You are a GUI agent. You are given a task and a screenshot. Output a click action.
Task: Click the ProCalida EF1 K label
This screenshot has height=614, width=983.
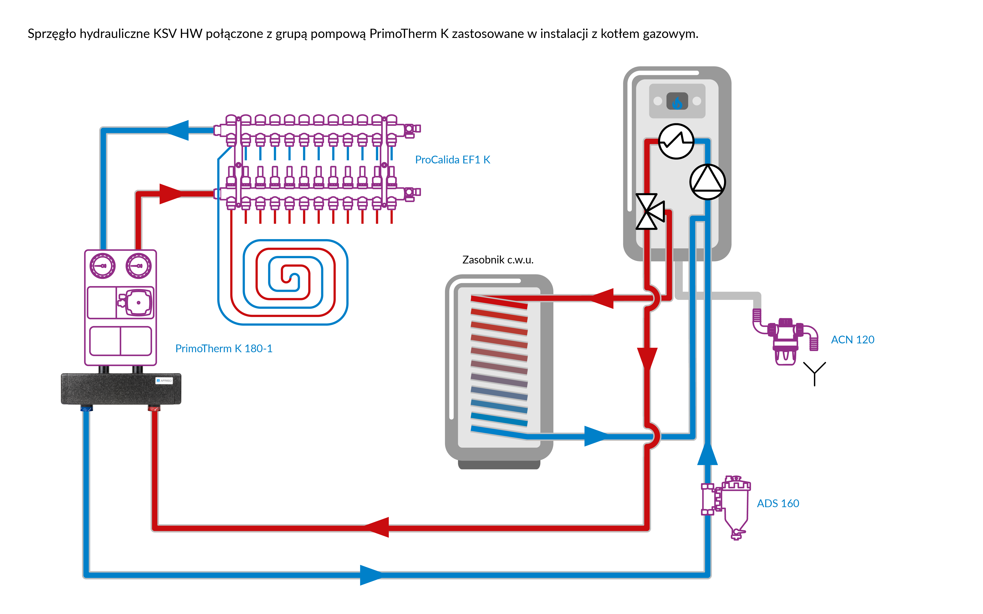click(453, 160)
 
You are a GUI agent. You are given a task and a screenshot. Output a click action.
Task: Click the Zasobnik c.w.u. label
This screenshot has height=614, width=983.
click(498, 260)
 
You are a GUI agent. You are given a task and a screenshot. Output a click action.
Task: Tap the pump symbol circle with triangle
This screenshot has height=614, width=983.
click(708, 182)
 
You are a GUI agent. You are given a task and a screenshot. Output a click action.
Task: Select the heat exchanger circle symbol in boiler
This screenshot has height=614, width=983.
click(676, 141)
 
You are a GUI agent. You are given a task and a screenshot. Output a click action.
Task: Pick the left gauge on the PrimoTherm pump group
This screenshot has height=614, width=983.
click(102, 266)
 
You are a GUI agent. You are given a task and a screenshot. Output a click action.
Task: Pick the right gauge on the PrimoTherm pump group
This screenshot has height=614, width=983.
click(138, 266)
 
